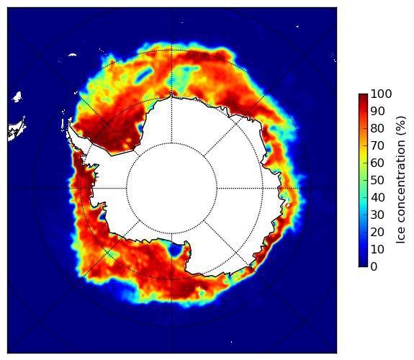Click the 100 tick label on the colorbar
[x=381, y=94]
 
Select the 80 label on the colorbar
[x=377, y=128]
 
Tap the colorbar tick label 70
[x=377, y=145]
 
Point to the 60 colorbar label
[x=377, y=163]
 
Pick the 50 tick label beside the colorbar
[x=377, y=180]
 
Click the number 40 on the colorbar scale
[x=377, y=197]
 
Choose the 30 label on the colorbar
[x=377, y=215]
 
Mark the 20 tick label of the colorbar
[x=377, y=232]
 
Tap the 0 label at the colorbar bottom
[x=374, y=266]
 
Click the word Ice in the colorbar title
[x=401, y=237]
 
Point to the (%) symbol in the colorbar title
[x=401, y=126]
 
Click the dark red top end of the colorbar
[x=363, y=95]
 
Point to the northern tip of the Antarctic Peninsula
[x=69, y=123]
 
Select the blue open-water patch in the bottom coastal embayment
[x=174, y=251]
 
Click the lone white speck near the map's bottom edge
[x=232, y=342]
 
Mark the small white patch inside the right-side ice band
[x=288, y=205]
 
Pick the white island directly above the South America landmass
[x=17, y=96]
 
